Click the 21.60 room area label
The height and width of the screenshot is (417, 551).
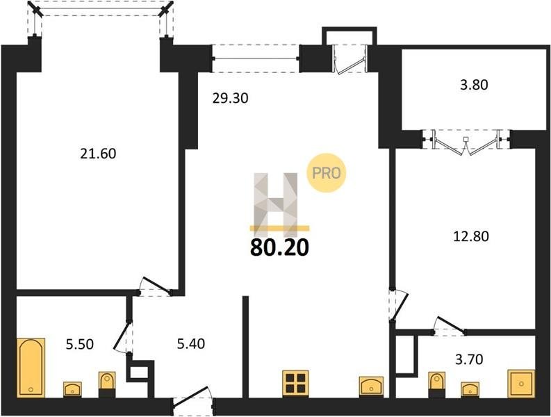(98, 154)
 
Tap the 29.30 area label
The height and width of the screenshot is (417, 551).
(230, 99)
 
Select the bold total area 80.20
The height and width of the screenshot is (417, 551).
(280, 247)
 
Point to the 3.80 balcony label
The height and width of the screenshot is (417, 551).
(474, 85)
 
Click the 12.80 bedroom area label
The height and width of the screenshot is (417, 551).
(471, 236)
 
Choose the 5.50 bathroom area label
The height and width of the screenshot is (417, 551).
(80, 344)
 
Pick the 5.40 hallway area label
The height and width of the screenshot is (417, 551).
(191, 343)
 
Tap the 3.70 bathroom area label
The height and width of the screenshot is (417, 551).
(469, 359)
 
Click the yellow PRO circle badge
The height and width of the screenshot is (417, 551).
(327, 173)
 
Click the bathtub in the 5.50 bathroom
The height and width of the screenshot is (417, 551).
(31, 368)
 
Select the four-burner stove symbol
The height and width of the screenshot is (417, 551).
(295, 383)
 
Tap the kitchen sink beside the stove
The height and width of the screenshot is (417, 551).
(372, 386)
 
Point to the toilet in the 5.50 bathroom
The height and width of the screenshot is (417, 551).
(107, 384)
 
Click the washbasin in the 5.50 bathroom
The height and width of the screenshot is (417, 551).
(72, 390)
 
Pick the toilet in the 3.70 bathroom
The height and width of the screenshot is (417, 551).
(437, 384)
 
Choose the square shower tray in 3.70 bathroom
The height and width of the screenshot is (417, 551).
(522, 384)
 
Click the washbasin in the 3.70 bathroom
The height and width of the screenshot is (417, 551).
(470, 390)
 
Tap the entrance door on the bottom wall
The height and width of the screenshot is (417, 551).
(193, 401)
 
